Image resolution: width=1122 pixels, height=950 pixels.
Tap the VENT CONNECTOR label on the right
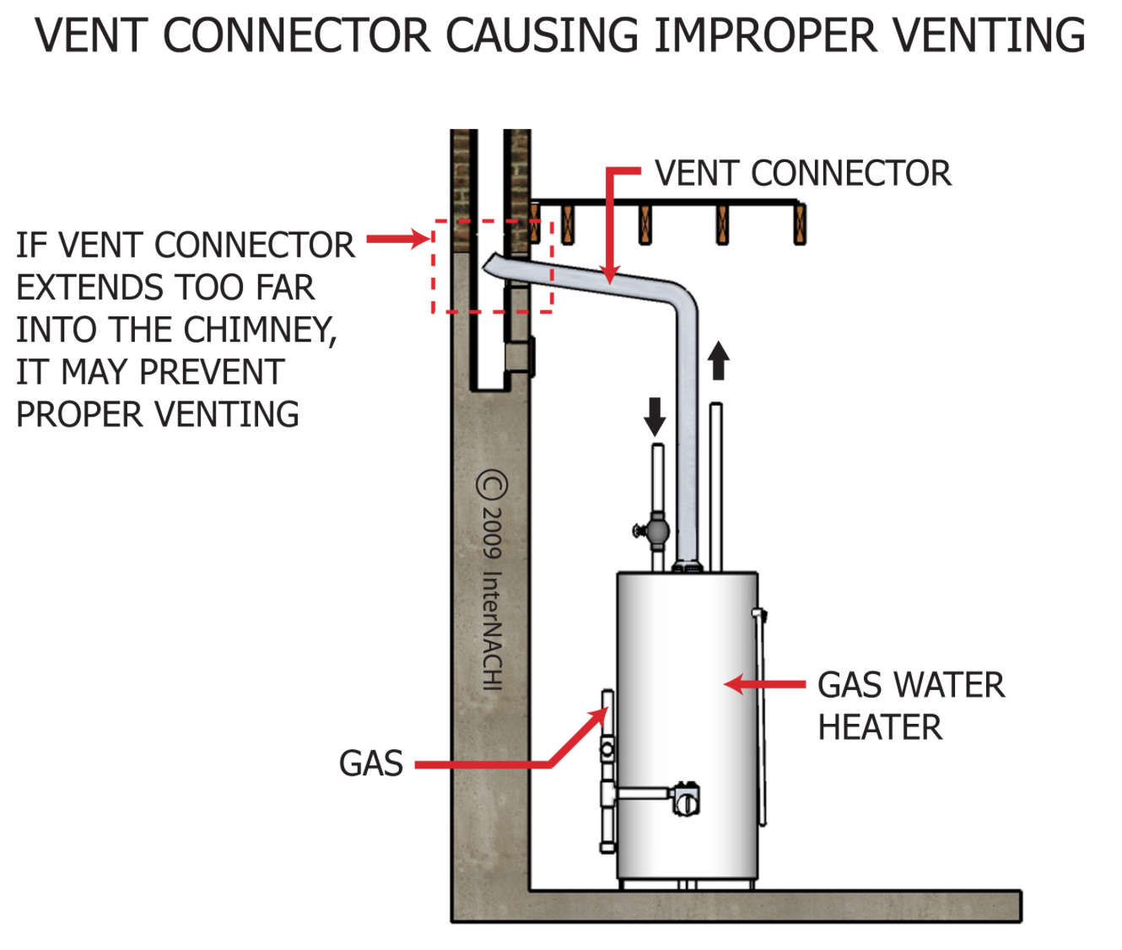pos(802,174)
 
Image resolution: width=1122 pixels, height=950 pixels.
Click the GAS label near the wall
pos(371,764)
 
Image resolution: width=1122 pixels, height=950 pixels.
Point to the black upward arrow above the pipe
pos(718,360)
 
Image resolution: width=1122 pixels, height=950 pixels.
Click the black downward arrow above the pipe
pos(655,417)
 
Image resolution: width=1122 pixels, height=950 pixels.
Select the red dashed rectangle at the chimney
pos(493,267)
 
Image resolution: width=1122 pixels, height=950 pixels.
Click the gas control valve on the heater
pos(686,799)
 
